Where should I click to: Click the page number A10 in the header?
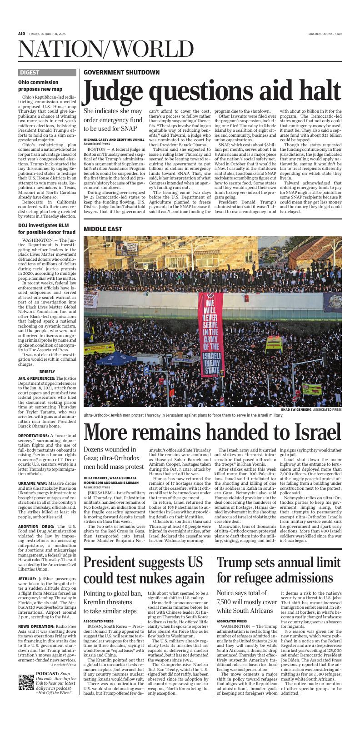(x=21, y=34)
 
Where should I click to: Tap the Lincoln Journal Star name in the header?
(x=324, y=34)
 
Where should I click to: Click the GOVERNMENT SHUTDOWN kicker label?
(x=121, y=72)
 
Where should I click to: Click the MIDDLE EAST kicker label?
(x=103, y=229)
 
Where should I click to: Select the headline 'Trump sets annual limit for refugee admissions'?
(x=279, y=569)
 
